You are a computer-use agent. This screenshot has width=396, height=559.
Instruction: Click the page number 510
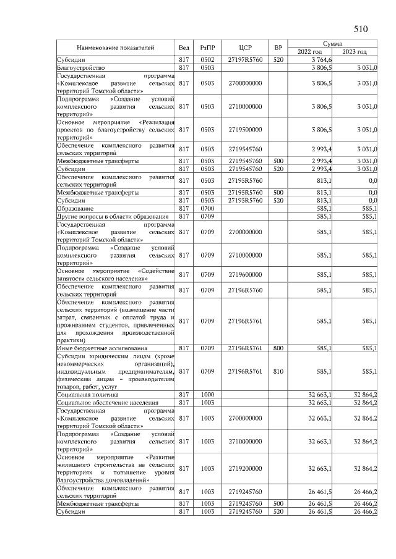(x=361, y=29)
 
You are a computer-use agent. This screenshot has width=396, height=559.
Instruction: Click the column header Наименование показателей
(x=115, y=48)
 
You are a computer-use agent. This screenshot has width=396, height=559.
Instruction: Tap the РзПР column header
(x=207, y=48)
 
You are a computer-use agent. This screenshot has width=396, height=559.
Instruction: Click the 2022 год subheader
(x=309, y=52)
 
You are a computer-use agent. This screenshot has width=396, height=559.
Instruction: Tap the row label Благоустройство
(x=82, y=67)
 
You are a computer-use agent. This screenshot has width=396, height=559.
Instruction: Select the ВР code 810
(x=278, y=372)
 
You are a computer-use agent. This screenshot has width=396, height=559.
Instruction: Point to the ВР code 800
(x=278, y=348)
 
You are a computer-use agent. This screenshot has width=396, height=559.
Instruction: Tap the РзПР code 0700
(x=207, y=208)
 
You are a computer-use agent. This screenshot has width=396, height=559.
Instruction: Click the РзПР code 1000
(x=207, y=394)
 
